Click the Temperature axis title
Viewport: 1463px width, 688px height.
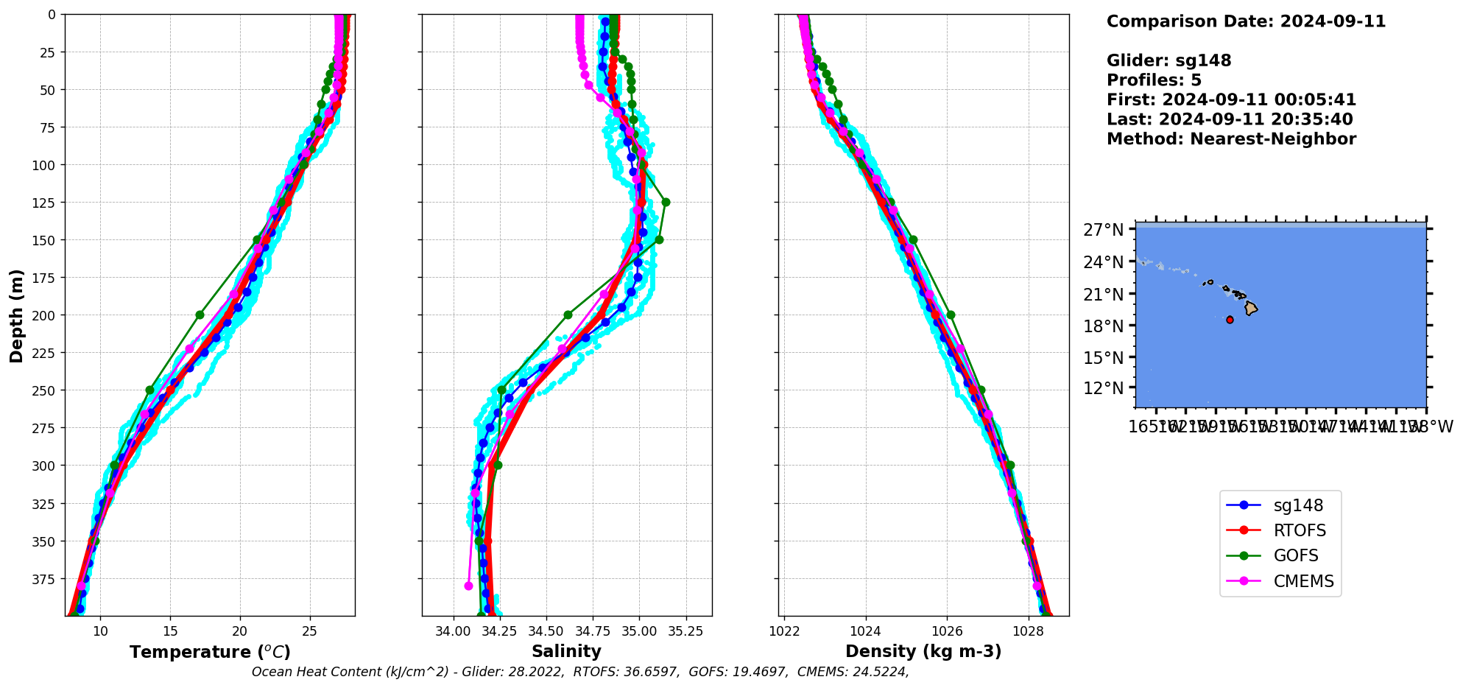tap(210, 652)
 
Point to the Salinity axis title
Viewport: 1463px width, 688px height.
tap(566, 651)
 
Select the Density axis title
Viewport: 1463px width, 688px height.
tap(923, 651)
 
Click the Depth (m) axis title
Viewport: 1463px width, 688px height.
tap(16, 315)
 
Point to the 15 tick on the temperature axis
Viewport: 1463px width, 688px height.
tap(170, 631)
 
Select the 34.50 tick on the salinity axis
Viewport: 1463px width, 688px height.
tap(546, 631)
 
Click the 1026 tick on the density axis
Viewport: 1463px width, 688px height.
tap(947, 631)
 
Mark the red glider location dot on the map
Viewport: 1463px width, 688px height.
tap(1230, 320)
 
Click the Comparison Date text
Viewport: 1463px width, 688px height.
tap(1246, 21)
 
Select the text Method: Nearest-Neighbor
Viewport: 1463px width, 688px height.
tap(1231, 139)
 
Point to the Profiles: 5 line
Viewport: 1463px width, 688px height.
tap(1154, 80)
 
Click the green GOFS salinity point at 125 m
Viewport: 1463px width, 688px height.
tap(666, 202)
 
